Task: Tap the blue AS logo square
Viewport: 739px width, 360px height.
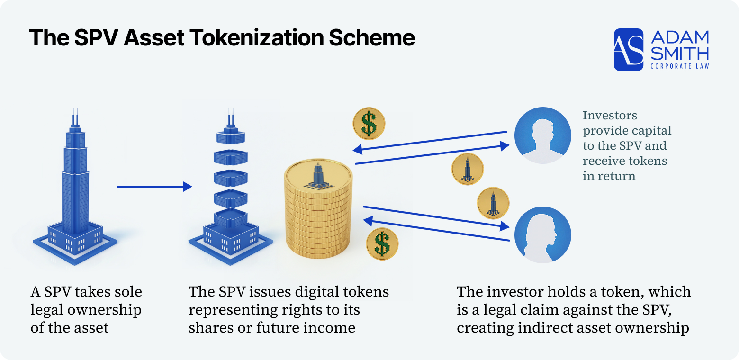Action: coord(629,50)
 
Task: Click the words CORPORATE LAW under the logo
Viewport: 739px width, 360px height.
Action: coord(680,66)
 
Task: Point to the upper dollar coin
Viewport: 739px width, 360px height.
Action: coord(369,124)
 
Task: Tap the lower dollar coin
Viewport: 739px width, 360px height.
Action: coord(382,244)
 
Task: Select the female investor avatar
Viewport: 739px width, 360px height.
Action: coord(542,234)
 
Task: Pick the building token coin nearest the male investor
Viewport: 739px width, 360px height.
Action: coord(468,169)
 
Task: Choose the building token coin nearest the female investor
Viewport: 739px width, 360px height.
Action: coord(493,203)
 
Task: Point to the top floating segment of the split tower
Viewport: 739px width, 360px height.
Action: coord(230,135)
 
